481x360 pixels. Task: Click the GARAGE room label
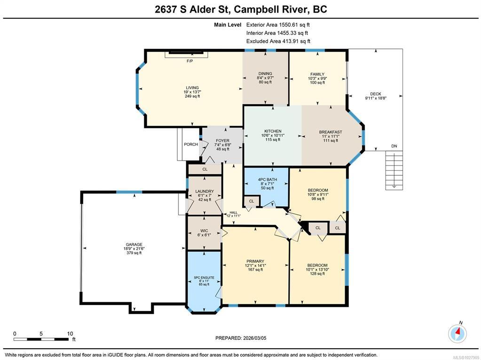tap(134, 244)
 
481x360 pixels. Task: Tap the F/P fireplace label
tap(190, 61)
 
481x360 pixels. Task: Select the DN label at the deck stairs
tap(394, 146)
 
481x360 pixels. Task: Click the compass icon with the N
tap(457, 333)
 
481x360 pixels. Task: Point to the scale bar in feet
tap(41, 339)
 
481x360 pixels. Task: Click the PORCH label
tap(191, 144)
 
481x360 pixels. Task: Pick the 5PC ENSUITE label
tap(204, 277)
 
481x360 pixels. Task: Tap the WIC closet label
tap(205, 231)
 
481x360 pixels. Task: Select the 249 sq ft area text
tap(192, 96)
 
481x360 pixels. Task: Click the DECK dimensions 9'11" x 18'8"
tap(376, 98)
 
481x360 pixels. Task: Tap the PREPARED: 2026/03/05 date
tap(241, 338)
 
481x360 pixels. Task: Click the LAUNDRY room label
tap(205, 191)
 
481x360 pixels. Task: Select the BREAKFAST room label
tap(331, 132)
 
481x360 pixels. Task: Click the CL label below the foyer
tap(205, 169)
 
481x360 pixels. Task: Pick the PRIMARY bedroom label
tap(255, 261)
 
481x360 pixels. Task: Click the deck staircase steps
tap(394, 171)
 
